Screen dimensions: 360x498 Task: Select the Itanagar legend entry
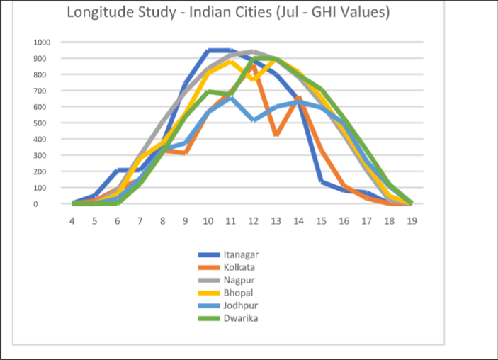(237, 254)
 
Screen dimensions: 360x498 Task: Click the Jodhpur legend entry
(237, 305)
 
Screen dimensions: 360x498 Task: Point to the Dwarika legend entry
(237, 317)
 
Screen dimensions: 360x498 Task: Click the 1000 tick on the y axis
(40, 42)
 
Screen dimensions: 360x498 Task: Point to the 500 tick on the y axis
(42, 123)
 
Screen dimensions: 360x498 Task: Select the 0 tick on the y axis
(46, 204)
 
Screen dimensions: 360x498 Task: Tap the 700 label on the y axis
(42, 91)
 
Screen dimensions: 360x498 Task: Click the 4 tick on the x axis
(72, 220)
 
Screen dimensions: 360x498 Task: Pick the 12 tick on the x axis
(253, 220)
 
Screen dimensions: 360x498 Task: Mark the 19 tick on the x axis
(412, 220)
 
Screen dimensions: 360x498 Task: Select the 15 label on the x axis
(321, 220)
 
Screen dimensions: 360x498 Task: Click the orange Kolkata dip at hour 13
(276, 135)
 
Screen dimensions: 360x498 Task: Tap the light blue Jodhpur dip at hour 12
(253, 120)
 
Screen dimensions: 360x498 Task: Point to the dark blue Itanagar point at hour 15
(321, 181)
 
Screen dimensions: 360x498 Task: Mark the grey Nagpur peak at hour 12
(253, 51)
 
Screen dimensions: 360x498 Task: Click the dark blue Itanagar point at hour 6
(118, 170)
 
